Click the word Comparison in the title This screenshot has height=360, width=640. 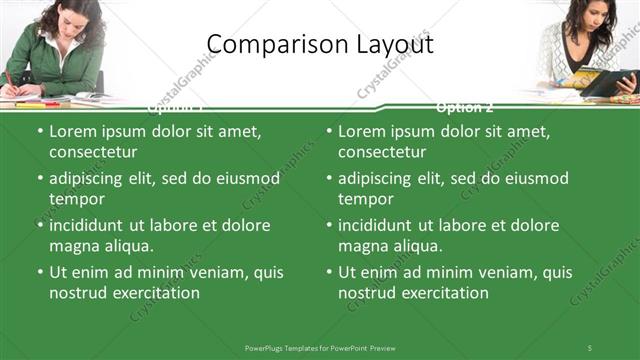pyautogui.click(x=268, y=45)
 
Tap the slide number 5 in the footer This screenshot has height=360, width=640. pyautogui.click(x=589, y=347)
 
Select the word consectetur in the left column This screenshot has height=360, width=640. pyautogui.click(x=93, y=152)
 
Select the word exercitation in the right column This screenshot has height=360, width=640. pyautogui.click(x=443, y=293)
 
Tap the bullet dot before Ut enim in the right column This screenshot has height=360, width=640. pyautogui.click(x=329, y=272)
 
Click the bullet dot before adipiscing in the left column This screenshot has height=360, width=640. pyautogui.click(x=40, y=178)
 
